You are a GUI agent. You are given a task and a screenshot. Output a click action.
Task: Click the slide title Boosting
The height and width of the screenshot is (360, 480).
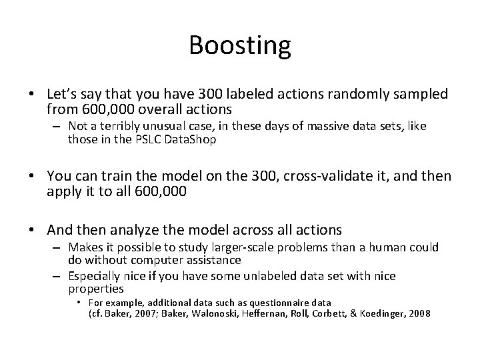click(x=240, y=45)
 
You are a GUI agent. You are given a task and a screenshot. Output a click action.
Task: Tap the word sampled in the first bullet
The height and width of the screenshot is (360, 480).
click(x=419, y=95)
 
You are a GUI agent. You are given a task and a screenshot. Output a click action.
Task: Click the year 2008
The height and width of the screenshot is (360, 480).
click(x=417, y=313)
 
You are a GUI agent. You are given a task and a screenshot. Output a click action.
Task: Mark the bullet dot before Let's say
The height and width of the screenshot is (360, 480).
click(x=35, y=95)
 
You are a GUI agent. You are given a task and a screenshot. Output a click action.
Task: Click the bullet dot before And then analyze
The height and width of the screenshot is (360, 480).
click(x=35, y=231)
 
